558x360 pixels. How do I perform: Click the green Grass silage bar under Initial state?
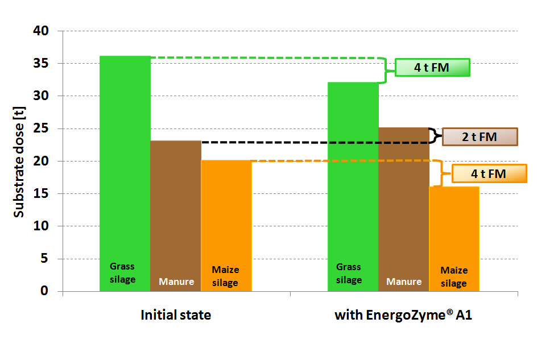[125, 173]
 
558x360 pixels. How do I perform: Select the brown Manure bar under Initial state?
[176, 216]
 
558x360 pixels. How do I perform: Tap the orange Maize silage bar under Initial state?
[226, 226]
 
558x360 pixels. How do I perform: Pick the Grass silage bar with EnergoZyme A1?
[353, 187]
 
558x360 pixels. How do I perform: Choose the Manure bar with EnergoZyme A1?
[404, 209]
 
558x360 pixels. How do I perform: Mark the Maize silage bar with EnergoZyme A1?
[454, 239]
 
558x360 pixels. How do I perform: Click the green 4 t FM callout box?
[432, 68]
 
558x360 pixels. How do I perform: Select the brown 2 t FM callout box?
[480, 137]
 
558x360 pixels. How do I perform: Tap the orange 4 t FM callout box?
[489, 173]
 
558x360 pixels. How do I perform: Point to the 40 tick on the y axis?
[41, 31]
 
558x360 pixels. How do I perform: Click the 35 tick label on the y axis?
[41, 63]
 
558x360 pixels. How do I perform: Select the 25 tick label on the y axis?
[41, 129]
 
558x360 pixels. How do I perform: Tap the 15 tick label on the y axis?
[41, 193]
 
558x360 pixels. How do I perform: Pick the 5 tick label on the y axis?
[44, 258]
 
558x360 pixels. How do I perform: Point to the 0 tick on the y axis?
[44, 291]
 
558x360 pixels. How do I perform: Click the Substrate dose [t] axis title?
[19, 162]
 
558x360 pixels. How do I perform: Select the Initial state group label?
[176, 315]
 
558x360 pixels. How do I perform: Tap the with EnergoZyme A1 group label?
[403, 315]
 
